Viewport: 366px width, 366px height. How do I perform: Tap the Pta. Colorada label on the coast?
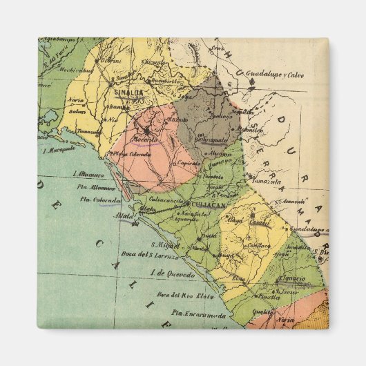(101, 200)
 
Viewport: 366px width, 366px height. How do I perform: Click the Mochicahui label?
(75, 70)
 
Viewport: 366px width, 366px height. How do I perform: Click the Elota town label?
(239, 278)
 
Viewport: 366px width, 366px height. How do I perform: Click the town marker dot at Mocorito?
(146, 130)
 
